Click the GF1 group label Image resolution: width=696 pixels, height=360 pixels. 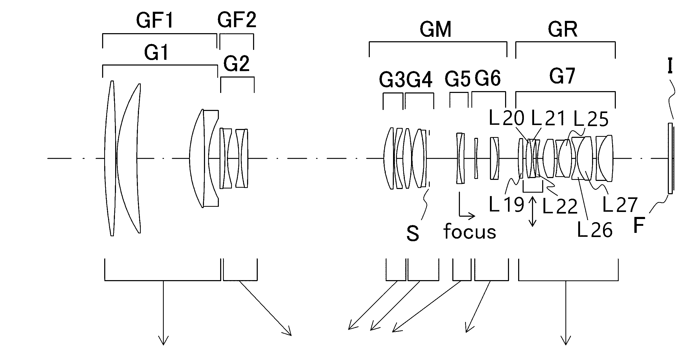pyautogui.click(x=155, y=20)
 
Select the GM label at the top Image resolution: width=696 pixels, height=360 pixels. pyautogui.click(x=435, y=29)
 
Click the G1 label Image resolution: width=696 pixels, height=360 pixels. pyautogui.click(x=156, y=52)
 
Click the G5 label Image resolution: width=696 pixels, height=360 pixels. pyautogui.click(x=457, y=79)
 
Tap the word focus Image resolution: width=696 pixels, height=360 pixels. pyautogui.click(x=470, y=232)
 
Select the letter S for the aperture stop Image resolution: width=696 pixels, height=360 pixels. pyautogui.click(x=413, y=233)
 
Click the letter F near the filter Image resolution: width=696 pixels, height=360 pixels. pyautogui.click(x=639, y=225)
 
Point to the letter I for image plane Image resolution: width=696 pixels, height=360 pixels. pyautogui.click(x=670, y=66)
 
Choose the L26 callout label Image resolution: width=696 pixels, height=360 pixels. pyautogui.click(x=594, y=230)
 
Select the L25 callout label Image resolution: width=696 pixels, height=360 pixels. pyautogui.click(x=591, y=119)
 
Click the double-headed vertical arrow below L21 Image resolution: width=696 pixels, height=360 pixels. pyautogui.click(x=533, y=211)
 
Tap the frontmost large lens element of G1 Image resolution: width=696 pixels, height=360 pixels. pyautogui.click(x=110, y=158)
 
